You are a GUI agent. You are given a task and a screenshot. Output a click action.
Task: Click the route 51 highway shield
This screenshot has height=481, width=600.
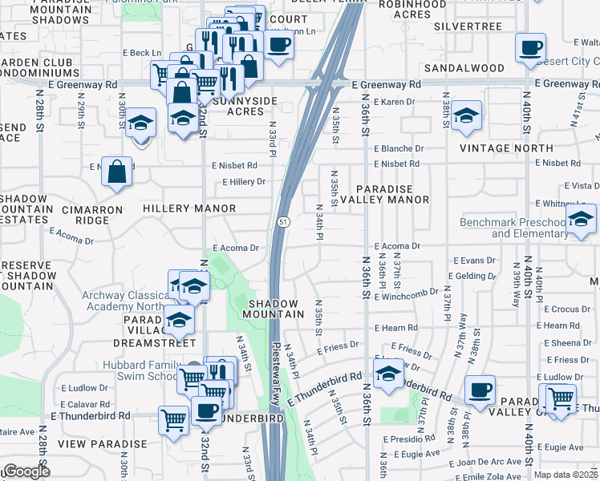[x=284, y=220]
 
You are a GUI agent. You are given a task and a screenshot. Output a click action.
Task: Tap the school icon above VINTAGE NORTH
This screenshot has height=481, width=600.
[x=466, y=116]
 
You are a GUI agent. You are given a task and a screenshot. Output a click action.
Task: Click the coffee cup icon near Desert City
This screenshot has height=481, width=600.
[x=530, y=48]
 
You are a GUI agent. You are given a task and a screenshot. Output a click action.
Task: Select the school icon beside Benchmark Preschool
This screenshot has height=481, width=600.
[x=581, y=219]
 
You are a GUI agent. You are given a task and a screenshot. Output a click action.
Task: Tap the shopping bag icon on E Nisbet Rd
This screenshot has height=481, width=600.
[x=117, y=171]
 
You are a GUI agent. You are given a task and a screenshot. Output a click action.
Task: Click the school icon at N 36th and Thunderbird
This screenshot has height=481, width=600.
[x=388, y=374]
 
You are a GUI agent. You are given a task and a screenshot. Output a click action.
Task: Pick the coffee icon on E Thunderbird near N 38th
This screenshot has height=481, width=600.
[x=480, y=390]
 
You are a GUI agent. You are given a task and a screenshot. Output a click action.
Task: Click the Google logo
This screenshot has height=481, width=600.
[x=26, y=471]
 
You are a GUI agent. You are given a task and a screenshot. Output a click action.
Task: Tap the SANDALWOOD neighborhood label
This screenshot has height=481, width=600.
[x=464, y=69]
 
